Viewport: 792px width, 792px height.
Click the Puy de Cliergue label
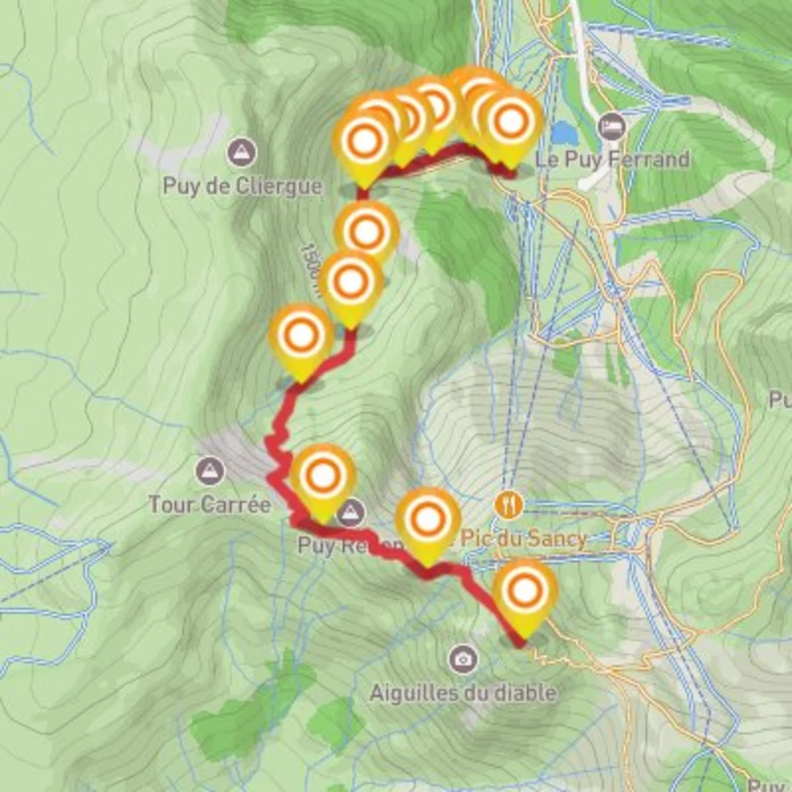pyautogui.click(x=242, y=186)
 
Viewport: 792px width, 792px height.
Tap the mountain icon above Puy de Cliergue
pyautogui.click(x=241, y=153)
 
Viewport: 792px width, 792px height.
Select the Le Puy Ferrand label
pyautogui.click(x=613, y=159)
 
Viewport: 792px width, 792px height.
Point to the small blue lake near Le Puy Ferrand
pyautogui.click(x=564, y=133)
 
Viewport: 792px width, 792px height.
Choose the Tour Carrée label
pyautogui.click(x=210, y=505)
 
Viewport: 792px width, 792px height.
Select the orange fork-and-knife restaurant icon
pyautogui.click(x=508, y=504)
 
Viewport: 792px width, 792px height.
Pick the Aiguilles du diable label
pyautogui.click(x=463, y=692)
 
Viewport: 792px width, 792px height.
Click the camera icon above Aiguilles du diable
pyautogui.click(x=463, y=659)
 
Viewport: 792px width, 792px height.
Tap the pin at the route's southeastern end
pyautogui.click(x=525, y=593)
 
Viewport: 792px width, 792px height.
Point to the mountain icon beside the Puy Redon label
pyautogui.click(x=353, y=513)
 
